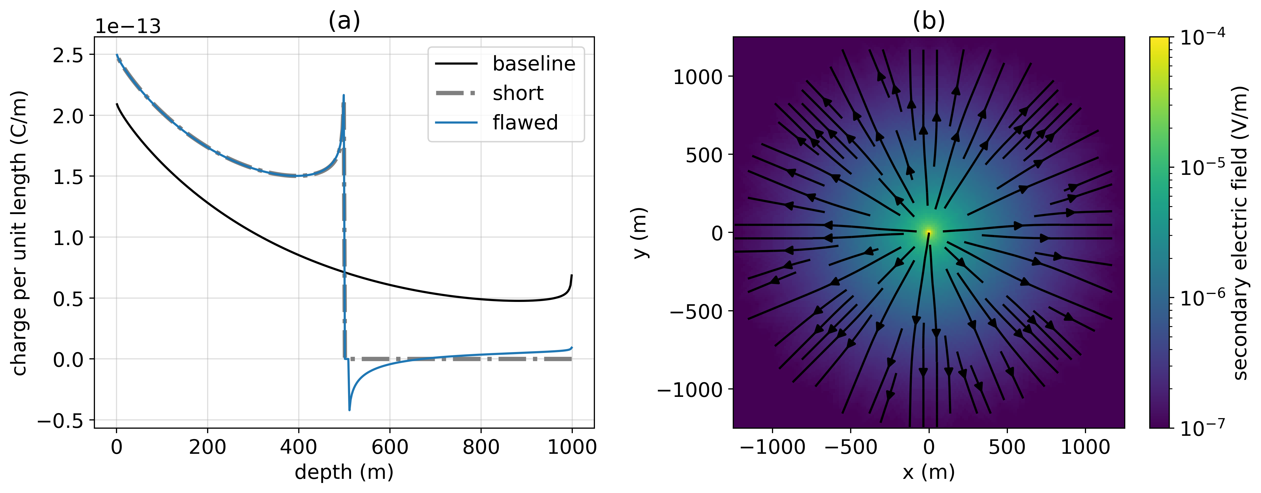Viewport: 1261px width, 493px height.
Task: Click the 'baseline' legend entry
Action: pos(534,64)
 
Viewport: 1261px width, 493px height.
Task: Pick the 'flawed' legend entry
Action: pos(525,123)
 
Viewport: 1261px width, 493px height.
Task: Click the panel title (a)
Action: pos(344,21)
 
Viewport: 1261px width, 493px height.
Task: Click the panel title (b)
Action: pos(929,21)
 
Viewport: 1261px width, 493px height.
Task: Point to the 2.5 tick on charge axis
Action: pos(68,55)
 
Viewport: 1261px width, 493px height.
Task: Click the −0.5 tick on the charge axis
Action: pos(61,421)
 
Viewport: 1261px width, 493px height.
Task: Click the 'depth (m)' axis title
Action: pos(344,472)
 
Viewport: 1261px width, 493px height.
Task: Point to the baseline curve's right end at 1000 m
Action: pos(572,275)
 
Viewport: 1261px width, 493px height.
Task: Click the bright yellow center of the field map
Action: pos(928,232)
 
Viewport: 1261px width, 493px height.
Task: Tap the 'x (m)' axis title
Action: pos(929,472)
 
